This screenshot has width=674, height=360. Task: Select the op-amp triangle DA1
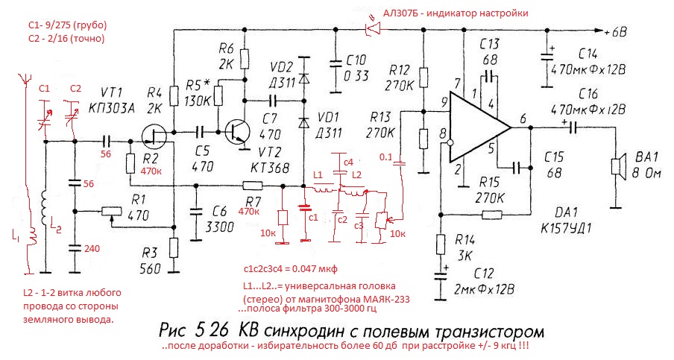[477, 127]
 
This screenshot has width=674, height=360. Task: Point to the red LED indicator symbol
[371, 29]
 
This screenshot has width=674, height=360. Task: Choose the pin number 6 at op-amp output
[522, 116]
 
